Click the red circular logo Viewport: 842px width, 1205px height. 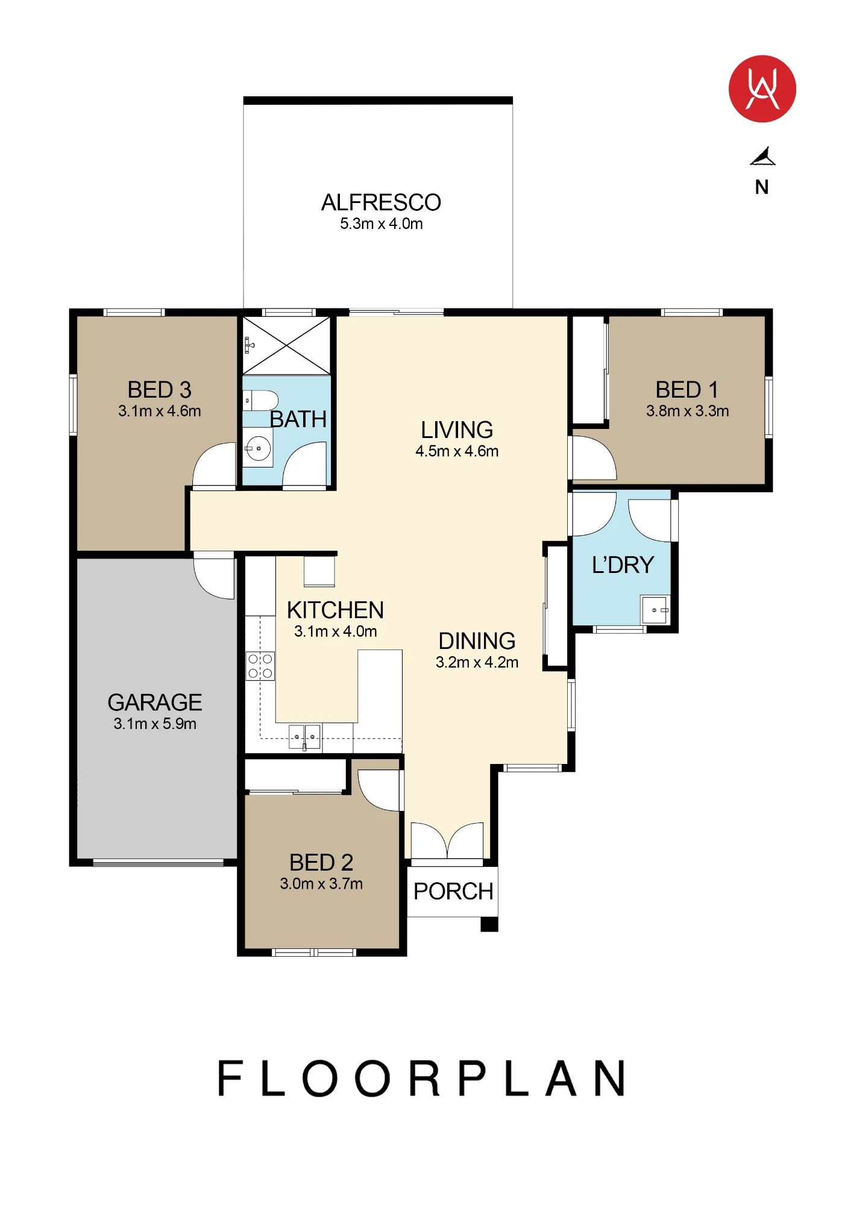point(762,89)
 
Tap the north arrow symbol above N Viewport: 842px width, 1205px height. point(762,156)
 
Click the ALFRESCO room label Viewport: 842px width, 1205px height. point(381,202)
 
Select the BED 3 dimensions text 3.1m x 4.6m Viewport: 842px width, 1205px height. point(160,411)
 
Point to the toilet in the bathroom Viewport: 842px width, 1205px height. point(260,400)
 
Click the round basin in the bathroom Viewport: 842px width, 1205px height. point(259,448)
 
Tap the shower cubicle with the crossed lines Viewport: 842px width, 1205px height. point(286,345)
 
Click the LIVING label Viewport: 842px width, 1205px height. point(457,430)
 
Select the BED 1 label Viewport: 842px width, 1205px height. point(687,390)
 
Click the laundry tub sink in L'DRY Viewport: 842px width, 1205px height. point(655,610)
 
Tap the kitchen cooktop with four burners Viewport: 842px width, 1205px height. point(260,666)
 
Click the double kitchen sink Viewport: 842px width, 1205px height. point(304,737)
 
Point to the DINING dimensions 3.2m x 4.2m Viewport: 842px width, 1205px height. point(477,662)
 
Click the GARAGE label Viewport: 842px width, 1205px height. point(155,703)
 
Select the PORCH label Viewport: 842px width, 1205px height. point(453,891)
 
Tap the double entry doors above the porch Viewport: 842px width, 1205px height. point(447,840)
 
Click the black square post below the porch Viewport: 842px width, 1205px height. point(489,924)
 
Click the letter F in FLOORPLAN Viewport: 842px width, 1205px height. point(230,1078)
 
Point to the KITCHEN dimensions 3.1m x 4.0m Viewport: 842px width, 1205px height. point(335,631)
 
